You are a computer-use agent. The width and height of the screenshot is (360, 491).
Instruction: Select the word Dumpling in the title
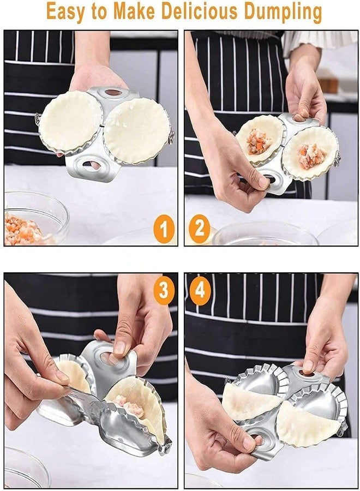coord(283,13)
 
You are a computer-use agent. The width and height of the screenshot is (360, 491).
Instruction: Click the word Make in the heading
coord(135,11)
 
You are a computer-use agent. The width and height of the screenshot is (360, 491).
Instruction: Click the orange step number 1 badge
coord(164,230)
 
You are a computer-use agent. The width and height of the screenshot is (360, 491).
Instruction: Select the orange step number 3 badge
coord(164,291)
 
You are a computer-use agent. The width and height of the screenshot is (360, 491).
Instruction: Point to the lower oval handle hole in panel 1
coord(91,165)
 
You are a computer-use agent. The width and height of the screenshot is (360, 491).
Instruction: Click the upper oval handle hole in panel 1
coord(113,93)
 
